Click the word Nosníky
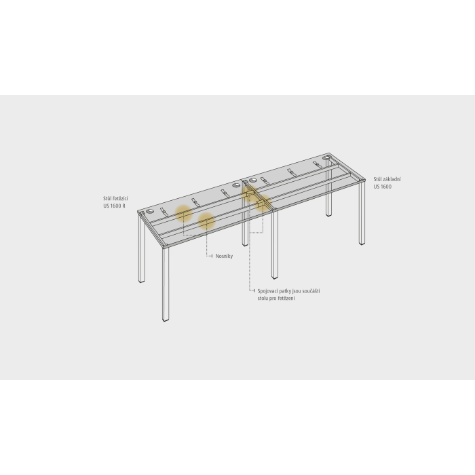(224, 256)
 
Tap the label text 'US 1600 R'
(114, 206)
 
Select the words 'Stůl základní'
(387, 179)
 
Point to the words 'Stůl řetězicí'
(115, 199)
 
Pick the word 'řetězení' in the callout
(286, 299)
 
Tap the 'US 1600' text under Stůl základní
(382, 187)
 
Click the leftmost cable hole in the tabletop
(150, 212)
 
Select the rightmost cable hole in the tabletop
(326, 158)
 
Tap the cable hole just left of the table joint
(236, 185)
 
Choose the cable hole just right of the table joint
(253, 181)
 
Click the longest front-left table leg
(166, 284)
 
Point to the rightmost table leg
(362, 212)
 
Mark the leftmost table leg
(142, 248)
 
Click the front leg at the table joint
(275, 244)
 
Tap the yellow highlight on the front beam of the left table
(206, 221)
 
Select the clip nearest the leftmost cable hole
(164, 212)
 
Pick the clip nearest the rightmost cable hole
(318, 165)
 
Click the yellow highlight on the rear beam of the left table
(184, 213)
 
